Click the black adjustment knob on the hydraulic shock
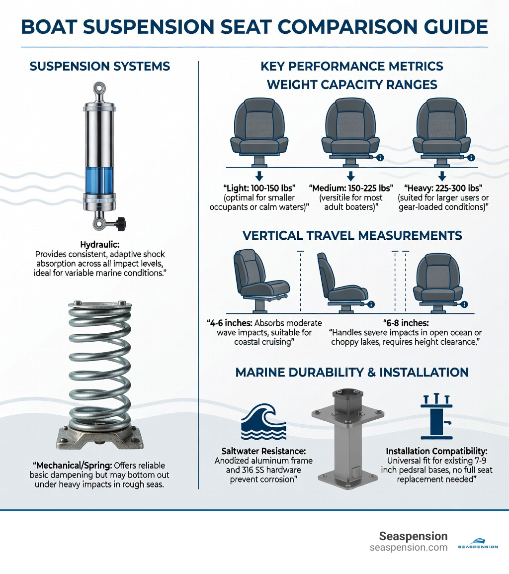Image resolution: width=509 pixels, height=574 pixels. tap(120, 224)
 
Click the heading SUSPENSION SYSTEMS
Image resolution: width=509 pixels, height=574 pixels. tap(100, 66)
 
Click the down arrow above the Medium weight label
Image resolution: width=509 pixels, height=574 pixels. tap(350, 176)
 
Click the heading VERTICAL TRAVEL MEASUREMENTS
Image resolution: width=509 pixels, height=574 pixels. tap(352, 235)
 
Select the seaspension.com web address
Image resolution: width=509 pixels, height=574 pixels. tap(409, 547)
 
